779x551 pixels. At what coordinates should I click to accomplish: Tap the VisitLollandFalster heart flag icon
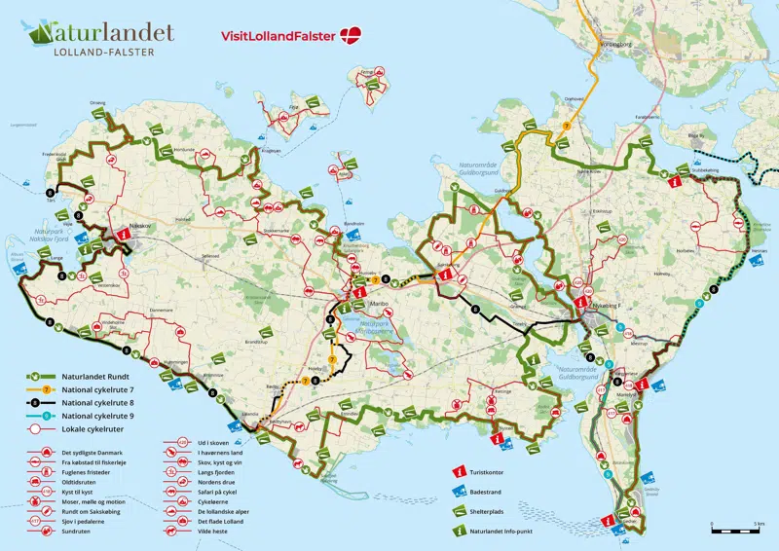pos(351,36)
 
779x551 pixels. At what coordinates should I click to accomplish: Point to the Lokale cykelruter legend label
pos(88,426)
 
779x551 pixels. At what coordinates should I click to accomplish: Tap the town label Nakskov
pos(142,224)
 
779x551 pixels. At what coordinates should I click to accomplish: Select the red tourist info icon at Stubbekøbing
pos(675,180)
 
